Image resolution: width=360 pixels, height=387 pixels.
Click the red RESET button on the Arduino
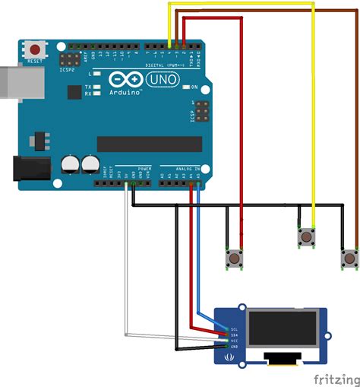click(35, 49)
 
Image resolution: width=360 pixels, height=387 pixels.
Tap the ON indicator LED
click(185, 87)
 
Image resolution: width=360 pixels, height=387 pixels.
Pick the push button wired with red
click(234, 259)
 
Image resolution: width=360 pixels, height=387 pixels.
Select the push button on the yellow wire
click(306, 237)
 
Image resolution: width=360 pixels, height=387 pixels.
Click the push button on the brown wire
click(349, 259)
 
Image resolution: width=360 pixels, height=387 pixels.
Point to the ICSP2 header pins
click(71, 59)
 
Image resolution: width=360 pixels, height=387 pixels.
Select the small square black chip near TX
click(74, 91)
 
